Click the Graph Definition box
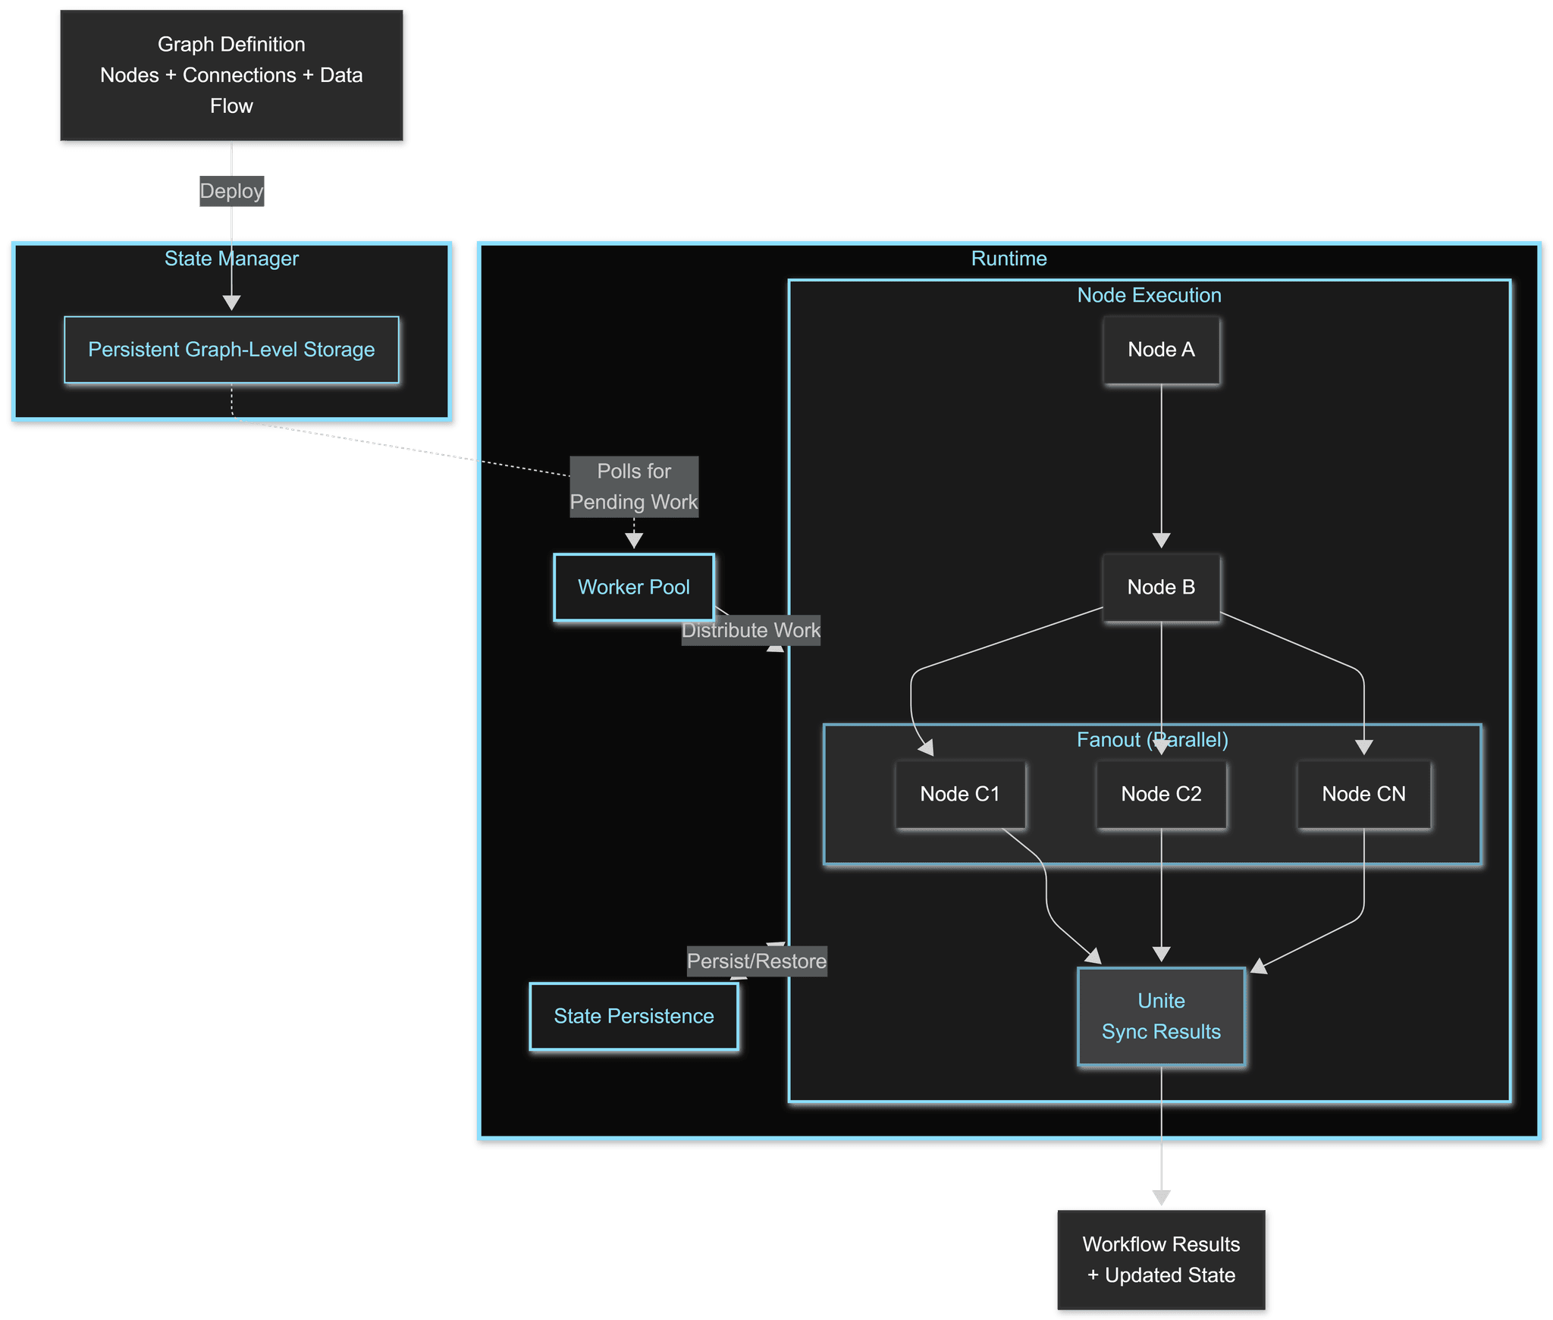232,76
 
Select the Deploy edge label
232,191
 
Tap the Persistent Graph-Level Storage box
232,350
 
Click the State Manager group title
232,259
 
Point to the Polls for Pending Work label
634,487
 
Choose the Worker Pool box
634,587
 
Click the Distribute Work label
751,630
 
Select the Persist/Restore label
757,961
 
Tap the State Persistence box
634,1016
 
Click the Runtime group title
1009,259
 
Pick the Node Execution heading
1149,295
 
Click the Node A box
1161,350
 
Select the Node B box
1161,587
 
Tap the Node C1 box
960,794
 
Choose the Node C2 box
1161,794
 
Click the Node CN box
1363,794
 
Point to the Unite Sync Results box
1161,1016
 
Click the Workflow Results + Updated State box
1161,1259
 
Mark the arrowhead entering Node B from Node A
1161,541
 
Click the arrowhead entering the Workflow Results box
1161,1197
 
